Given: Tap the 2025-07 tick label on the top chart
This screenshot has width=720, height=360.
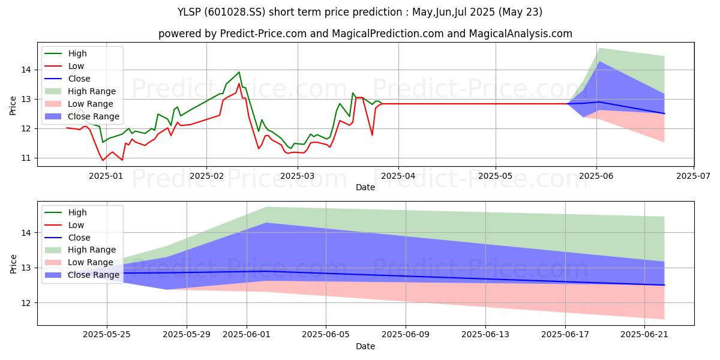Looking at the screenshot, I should tap(694, 175).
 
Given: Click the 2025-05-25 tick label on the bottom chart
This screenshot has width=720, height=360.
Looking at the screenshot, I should tap(107, 334).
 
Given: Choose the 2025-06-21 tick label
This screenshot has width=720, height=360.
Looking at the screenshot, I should tap(644, 334).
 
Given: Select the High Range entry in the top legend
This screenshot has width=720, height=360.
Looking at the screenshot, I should tap(92, 91).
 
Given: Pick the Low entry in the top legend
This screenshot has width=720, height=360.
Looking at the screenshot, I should tap(76, 66).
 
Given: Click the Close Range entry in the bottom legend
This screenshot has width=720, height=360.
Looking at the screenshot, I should tap(94, 275).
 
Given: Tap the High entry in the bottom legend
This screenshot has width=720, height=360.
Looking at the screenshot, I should tap(77, 212).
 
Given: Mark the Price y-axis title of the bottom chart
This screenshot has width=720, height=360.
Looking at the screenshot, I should tap(13, 263).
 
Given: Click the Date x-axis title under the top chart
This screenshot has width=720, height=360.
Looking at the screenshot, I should tap(365, 187).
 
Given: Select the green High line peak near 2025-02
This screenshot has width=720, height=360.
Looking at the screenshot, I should tap(239, 72).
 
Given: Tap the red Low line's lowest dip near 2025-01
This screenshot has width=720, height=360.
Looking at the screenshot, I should tap(103, 160).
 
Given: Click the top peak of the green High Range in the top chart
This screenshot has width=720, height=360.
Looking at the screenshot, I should tap(599, 49).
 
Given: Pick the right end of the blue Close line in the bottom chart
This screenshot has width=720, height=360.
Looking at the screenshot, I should tap(664, 285).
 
